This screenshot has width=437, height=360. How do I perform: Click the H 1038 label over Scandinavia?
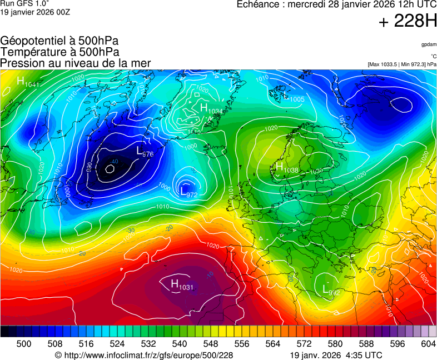click(287, 168)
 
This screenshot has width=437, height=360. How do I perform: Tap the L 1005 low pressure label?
click(294, 99)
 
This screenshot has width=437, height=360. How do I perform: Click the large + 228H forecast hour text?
click(408, 22)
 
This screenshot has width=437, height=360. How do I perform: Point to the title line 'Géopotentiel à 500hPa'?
click(59, 41)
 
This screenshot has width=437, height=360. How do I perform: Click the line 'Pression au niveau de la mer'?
click(76, 63)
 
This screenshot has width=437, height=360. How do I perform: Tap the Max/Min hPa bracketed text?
click(402, 64)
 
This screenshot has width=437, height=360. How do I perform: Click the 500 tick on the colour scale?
click(23, 344)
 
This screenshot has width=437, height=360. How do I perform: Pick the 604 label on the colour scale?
click(428, 344)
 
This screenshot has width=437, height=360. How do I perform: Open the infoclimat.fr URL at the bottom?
click(143, 355)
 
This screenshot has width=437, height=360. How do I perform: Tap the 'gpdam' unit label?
click(429, 44)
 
